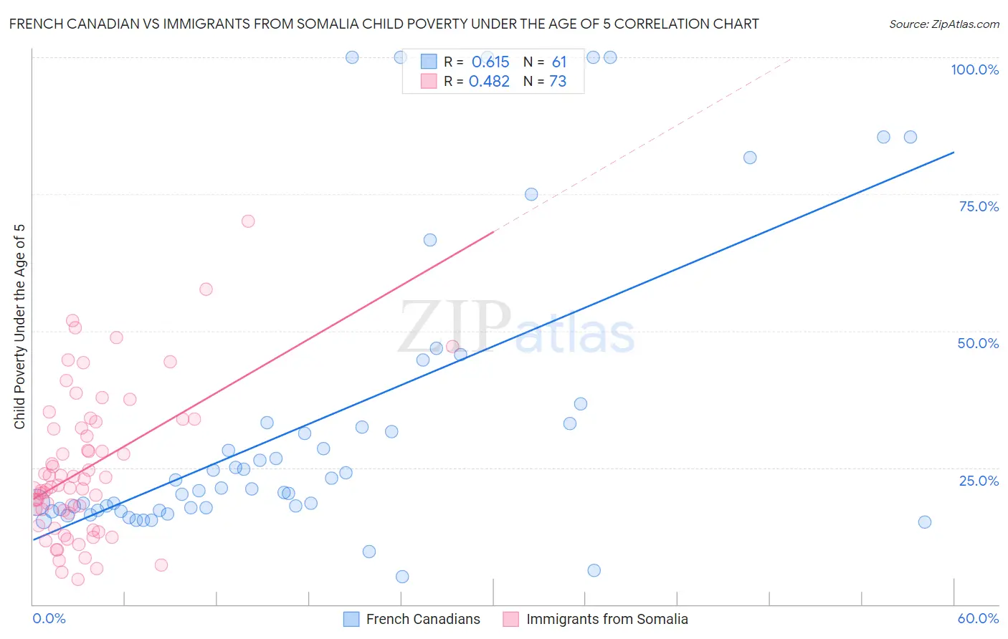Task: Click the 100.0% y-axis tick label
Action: pyautogui.click(x=974, y=69)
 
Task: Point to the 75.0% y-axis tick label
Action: pyautogui.click(x=979, y=206)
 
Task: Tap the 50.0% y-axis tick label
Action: pyautogui.click(x=978, y=343)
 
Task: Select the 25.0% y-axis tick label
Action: pyautogui.click(x=979, y=480)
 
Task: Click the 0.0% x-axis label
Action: pyautogui.click(x=49, y=618)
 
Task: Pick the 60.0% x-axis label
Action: pyautogui.click(x=978, y=618)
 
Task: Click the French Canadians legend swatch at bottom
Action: pyautogui.click(x=351, y=619)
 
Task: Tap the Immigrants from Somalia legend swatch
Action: pyautogui.click(x=510, y=619)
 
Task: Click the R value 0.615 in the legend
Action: pyautogui.click(x=490, y=62)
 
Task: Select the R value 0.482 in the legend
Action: pyautogui.click(x=489, y=82)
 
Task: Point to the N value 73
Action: pyautogui.click(x=558, y=82)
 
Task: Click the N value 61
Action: pyautogui.click(x=559, y=62)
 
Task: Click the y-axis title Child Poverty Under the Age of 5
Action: pyautogui.click(x=20, y=327)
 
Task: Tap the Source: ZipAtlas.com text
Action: pyautogui.click(x=943, y=24)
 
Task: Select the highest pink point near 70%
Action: pyautogui.click(x=248, y=221)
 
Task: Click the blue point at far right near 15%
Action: pyautogui.click(x=925, y=522)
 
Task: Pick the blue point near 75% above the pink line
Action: pyautogui.click(x=531, y=194)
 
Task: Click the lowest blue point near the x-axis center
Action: pyautogui.click(x=402, y=577)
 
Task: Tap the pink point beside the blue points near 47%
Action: pyautogui.click(x=452, y=347)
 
